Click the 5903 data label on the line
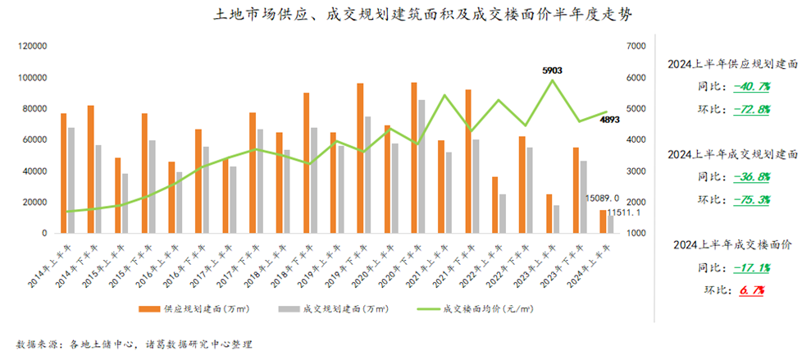[551, 71]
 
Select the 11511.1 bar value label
[625, 213]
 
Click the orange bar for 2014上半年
[64, 173]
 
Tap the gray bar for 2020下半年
[421, 166]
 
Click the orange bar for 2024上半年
[603, 221]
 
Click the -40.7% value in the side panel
[751, 86]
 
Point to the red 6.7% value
[752, 289]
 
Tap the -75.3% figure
[751, 199]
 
